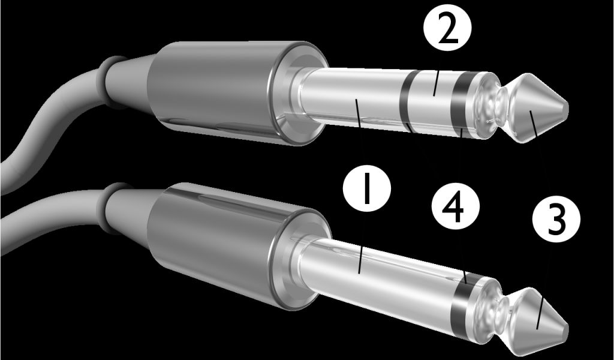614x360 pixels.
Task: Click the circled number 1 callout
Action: pos(367,188)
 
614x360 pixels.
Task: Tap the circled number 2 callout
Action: pos(447,28)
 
